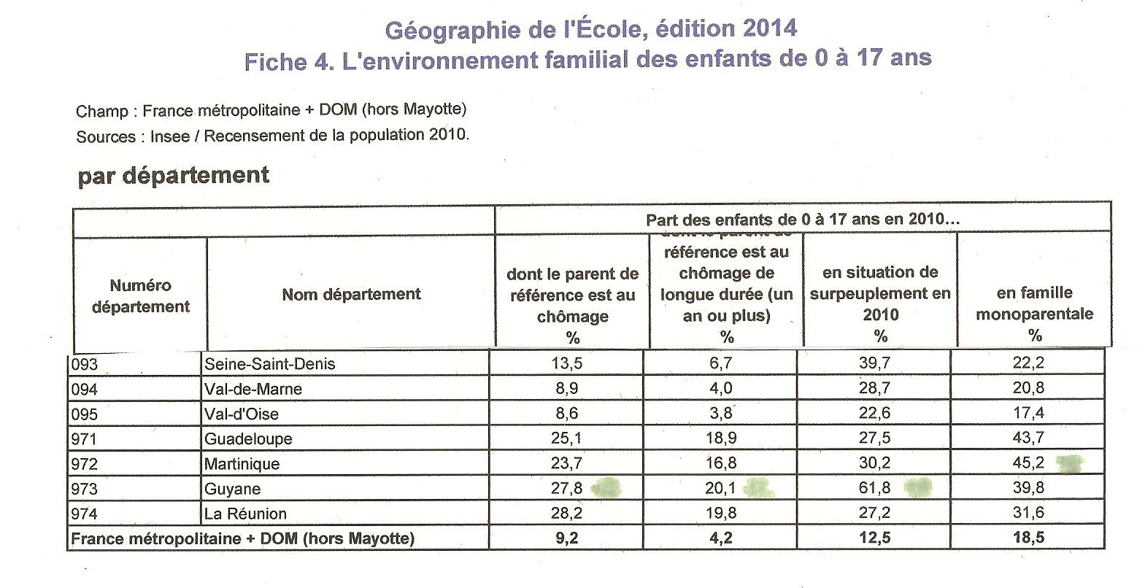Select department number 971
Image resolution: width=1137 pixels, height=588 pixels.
coord(83,439)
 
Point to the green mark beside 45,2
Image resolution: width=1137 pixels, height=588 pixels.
coord(1070,463)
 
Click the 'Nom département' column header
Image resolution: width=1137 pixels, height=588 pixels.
coord(351,294)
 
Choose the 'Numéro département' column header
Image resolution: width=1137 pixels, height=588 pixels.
coord(140,296)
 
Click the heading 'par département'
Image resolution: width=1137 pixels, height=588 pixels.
coord(173,176)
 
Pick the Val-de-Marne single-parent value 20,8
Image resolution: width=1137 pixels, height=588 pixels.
coord(1028,389)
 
